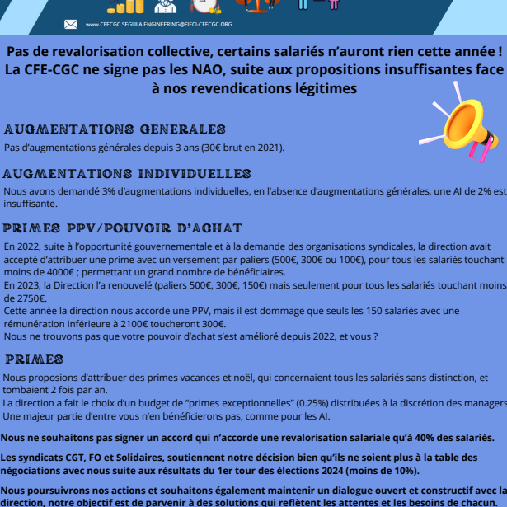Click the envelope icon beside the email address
click(x=70, y=24)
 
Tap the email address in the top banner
click(x=158, y=25)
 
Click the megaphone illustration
click(x=467, y=129)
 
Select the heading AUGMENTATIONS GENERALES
click(x=115, y=129)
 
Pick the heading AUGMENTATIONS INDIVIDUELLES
click(x=127, y=174)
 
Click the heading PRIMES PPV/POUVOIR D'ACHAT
click(x=123, y=228)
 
